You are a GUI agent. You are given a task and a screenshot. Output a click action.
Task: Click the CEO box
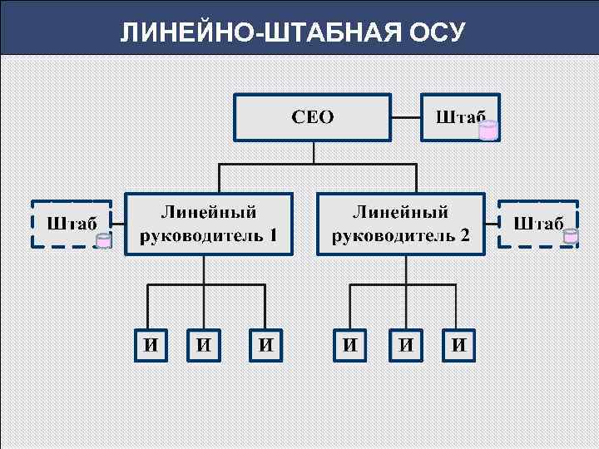[x=312, y=116]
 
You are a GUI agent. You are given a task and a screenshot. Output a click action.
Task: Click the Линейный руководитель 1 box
[x=209, y=223]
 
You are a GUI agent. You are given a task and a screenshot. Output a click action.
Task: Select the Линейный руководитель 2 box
[x=401, y=223]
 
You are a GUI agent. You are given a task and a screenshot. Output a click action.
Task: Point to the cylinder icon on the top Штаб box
[x=488, y=130]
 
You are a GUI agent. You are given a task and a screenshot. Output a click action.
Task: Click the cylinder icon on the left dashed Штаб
[x=104, y=241]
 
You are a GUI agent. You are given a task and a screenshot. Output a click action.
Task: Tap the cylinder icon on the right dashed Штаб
[x=571, y=236]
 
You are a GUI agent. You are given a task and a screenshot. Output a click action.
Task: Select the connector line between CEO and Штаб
[x=408, y=117]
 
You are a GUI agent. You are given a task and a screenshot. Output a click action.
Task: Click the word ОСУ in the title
[x=438, y=32]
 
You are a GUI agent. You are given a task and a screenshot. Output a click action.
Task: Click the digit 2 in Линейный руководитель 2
[x=464, y=234]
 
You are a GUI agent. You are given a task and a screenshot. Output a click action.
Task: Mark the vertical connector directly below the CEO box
[x=314, y=151]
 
